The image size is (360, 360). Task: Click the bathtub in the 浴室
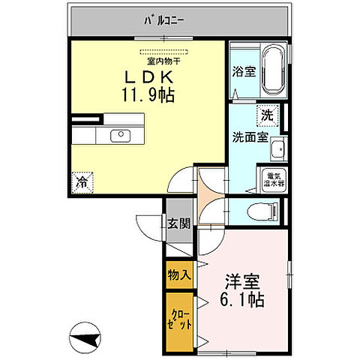click(x=273, y=71)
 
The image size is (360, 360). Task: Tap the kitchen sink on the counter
click(x=120, y=136)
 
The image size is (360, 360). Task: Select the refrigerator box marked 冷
click(x=83, y=181)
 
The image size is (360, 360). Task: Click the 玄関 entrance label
click(x=178, y=223)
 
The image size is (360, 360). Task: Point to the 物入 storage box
click(x=179, y=274)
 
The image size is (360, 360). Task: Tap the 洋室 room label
click(x=242, y=283)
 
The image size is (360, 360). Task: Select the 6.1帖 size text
click(x=242, y=300)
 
